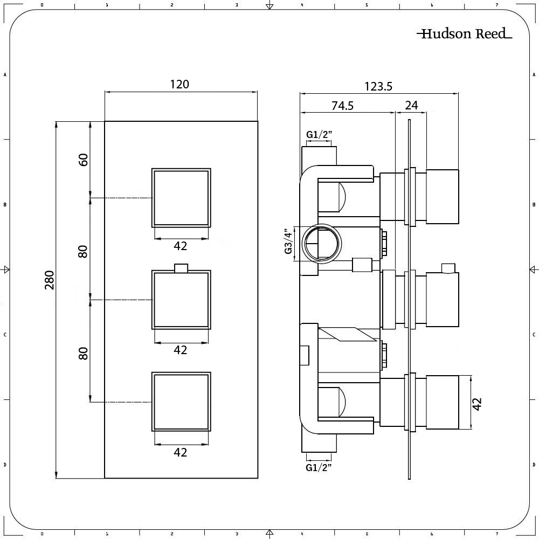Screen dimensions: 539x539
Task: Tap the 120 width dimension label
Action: click(x=179, y=84)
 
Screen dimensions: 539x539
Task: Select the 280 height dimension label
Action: click(x=50, y=280)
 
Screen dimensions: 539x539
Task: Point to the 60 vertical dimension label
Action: click(x=83, y=160)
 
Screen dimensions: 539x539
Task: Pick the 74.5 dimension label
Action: click(x=342, y=106)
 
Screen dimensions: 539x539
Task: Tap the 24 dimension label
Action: click(x=411, y=106)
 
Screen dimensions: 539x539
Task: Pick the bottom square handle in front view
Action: click(x=181, y=402)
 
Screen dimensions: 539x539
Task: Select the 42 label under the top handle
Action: click(x=181, y=246)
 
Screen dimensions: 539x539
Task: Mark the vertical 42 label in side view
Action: click(x=476, y=403)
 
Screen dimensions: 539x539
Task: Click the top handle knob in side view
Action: click(x=443, y=196)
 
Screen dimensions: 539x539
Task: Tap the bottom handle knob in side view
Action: click(x=443, y=403)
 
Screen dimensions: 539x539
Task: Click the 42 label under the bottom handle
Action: click(x=181, y=453)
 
